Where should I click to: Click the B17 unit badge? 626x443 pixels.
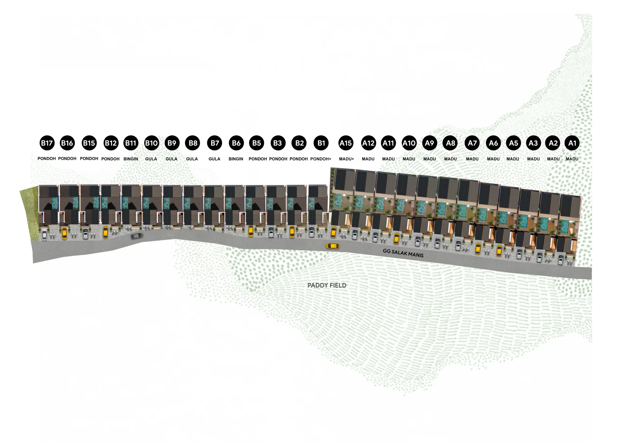[47, 143]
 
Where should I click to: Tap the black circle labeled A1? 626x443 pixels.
[572, 143]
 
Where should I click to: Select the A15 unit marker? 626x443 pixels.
[346, 143]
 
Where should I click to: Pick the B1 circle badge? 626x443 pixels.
[321, 143]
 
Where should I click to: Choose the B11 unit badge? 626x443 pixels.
[131, 143]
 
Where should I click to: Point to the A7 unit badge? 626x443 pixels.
[472, 143]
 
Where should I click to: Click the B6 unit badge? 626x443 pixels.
[236, 143]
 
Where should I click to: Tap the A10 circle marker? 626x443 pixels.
[409, 143]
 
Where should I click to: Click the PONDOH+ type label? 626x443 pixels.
[321, 159]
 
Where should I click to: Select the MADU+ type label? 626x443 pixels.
[346, 159]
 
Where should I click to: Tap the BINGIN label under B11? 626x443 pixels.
[131, 159]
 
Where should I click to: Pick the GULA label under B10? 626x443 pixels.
[151, 159]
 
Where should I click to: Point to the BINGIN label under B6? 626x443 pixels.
[236, 159]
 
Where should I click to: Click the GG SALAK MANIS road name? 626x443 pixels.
[403, 253]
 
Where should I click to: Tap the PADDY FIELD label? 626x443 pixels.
[327, 285]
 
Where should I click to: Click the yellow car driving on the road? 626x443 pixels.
[332, 246]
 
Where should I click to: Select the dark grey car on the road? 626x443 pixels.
[137, 236]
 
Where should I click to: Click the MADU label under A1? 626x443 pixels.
[572, 159]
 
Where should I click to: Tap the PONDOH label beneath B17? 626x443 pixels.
[47, 159]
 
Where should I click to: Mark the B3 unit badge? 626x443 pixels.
[278, 143]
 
